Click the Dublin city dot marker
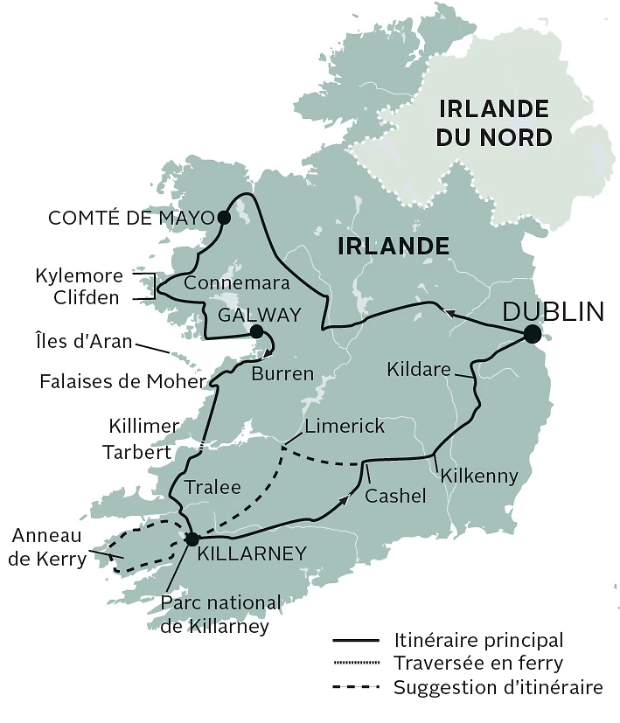point(532,334)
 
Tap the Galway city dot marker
point(256,331)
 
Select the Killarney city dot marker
point(192,539)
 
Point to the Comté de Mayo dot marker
point(224,217)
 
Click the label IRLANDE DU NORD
point(494,122)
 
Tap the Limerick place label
point(344,426)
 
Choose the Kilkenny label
point(480,476)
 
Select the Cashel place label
point(395,496)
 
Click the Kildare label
point(419,371)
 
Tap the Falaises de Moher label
point(122,382)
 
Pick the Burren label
point(282,374)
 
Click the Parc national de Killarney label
point(221,615)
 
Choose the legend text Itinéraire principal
point(478,640)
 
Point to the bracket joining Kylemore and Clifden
point(150,286)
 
